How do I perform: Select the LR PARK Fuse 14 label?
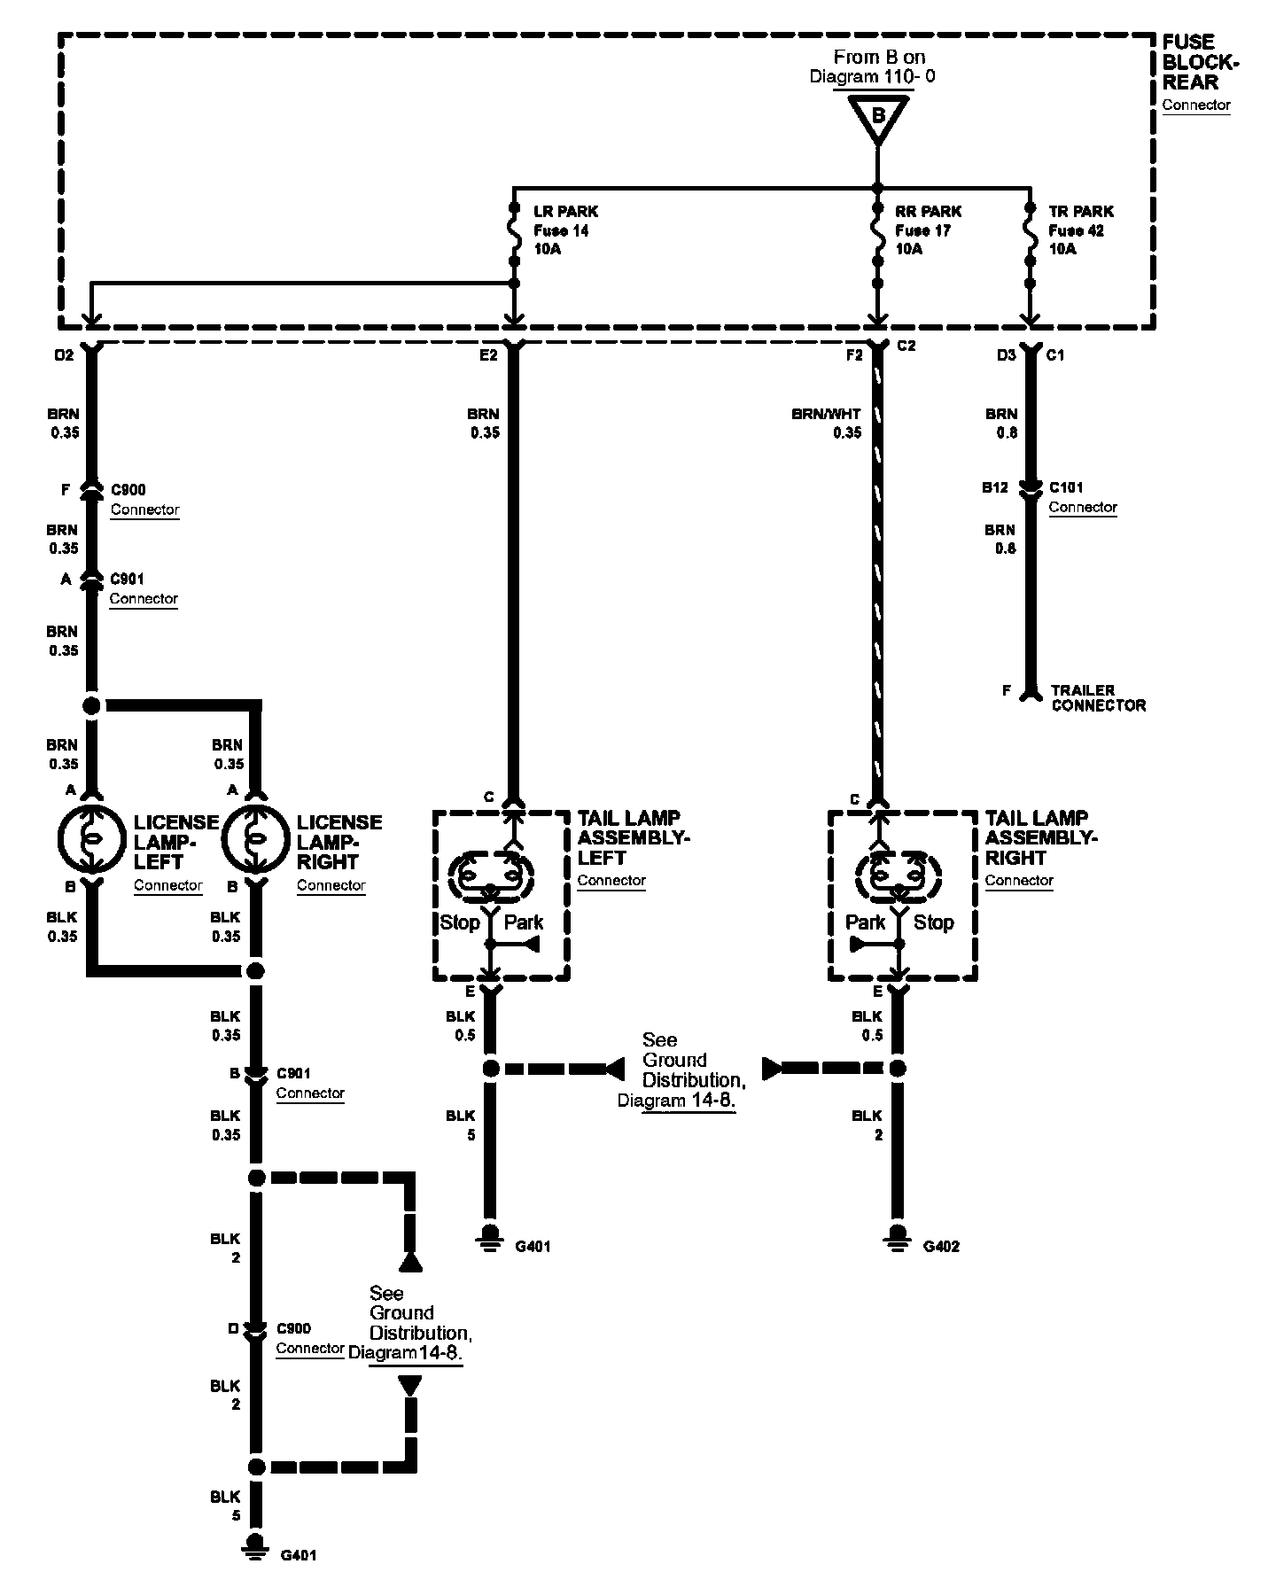coord(564,230)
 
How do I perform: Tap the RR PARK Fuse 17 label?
coord(928,230)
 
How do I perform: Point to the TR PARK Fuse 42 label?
coord(1080,230)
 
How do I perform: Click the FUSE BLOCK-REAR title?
coord(1200,63)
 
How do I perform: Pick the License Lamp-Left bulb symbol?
coord(91,838)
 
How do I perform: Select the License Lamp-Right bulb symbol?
coord(255,838)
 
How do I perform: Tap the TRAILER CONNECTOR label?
coord(1098,697)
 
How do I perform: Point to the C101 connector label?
coord(1066,487)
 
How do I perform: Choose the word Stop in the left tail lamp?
coord(460,922)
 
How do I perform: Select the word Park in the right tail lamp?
coord(865,922)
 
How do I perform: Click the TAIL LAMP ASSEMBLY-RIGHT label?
coord(1040,837)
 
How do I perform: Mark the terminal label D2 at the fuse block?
coord(64,355)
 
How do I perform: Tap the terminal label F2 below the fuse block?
coord(854,355)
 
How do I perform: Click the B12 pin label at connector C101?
coord(994,487)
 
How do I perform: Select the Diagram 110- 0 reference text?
coord(872,76)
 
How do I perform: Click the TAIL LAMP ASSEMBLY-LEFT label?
coord(633,837)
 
